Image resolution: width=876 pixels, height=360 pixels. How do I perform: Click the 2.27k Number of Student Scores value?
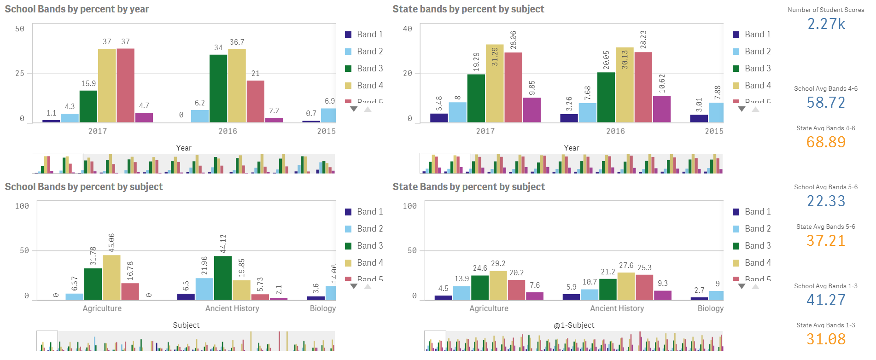(826, 24)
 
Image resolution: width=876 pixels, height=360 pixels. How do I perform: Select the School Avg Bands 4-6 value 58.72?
(826, 103)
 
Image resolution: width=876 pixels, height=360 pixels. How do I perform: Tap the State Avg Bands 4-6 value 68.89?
(826, 142)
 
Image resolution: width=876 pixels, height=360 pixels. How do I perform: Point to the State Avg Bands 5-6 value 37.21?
(826, 241)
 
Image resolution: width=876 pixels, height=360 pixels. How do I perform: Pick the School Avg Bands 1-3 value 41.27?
(826, 300)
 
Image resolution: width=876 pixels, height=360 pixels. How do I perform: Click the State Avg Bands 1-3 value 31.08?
(826, 339)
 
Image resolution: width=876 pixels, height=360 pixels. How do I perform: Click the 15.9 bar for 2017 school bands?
(88, 106)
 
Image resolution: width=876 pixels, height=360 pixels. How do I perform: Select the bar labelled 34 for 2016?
(218, 88)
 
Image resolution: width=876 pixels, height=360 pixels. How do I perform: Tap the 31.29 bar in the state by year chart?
(495, 83)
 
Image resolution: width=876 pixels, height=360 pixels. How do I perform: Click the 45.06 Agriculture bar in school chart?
(111, 278)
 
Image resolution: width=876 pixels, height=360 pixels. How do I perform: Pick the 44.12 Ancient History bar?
(223, 278)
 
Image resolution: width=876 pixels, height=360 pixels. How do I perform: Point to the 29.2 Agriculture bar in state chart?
(498, 285)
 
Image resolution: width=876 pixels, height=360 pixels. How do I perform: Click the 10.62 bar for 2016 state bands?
(662, 109)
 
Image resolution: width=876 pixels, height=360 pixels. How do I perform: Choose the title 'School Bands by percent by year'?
(77, 9)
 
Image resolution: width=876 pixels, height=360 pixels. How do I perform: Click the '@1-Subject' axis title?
(574, 325)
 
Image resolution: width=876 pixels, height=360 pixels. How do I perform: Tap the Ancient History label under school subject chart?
(232, 308)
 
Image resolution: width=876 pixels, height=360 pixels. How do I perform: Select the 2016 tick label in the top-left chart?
(228, 131)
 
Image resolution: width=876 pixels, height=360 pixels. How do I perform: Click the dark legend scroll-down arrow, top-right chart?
(742, 109)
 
